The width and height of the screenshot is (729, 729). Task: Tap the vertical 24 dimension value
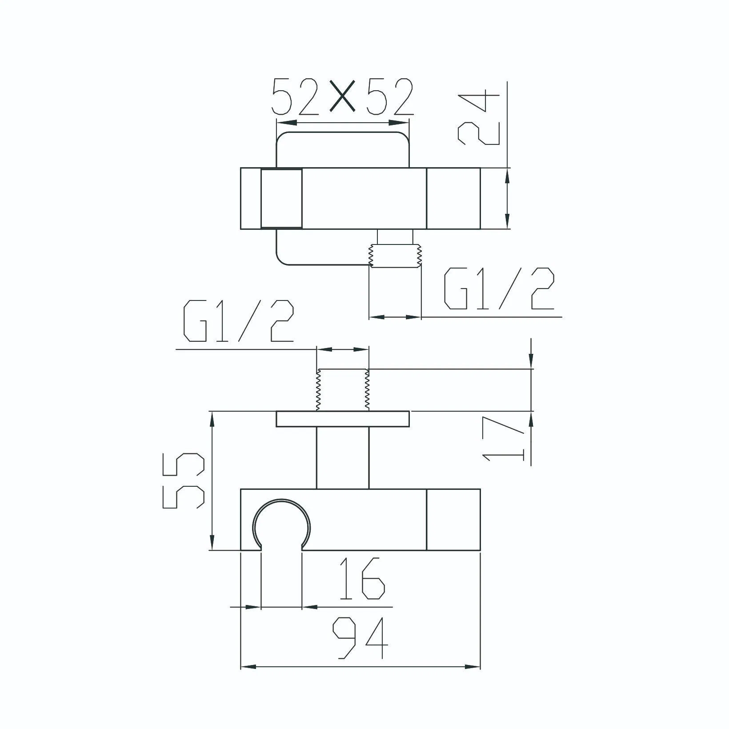[x=479, y=116]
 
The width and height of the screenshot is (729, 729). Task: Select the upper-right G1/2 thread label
[x=499, y=289]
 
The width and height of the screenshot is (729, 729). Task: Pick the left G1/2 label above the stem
[x=239, y=321]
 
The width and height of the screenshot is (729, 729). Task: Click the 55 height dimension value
[x=184, y=481]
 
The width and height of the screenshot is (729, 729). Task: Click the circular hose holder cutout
[x=281, y=525]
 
